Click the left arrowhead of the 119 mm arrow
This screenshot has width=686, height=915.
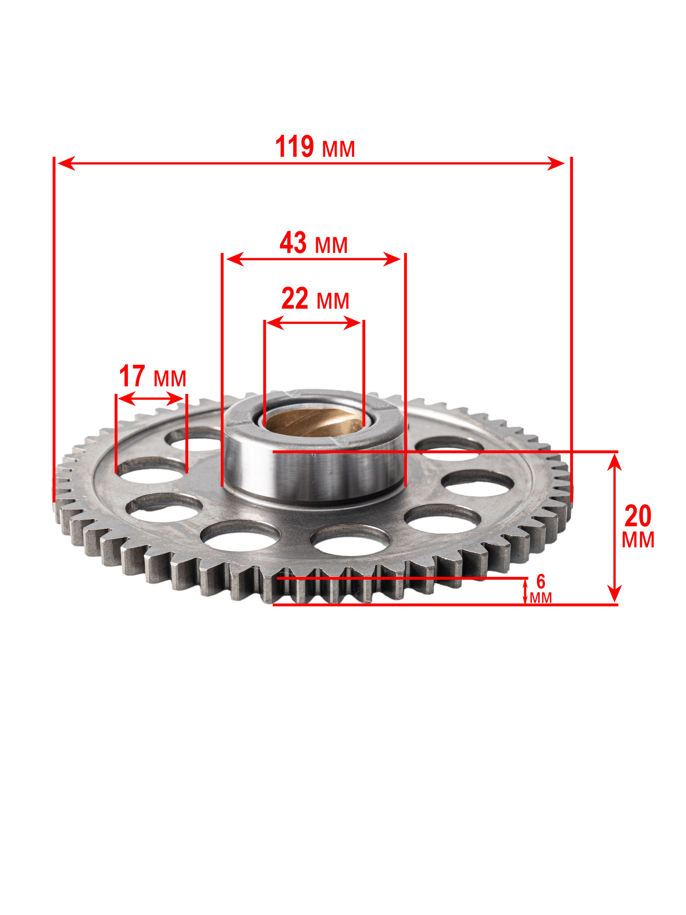66,163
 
